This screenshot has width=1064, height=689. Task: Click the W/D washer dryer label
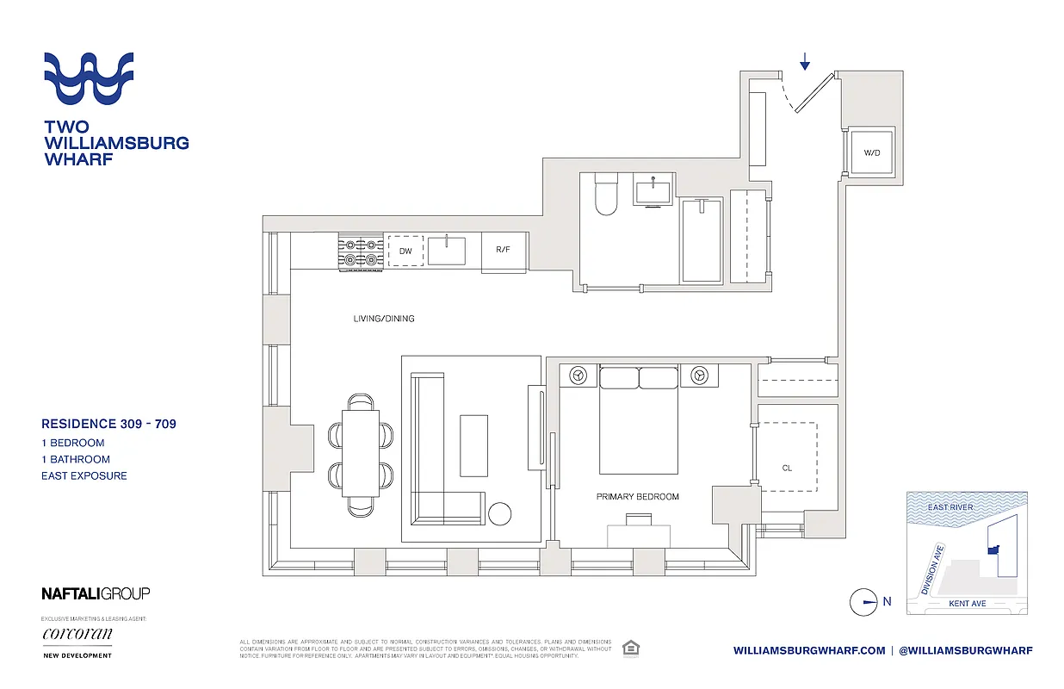tap(872, 153)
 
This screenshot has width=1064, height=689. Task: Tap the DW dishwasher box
tap(405, 251)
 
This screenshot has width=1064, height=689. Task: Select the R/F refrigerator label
tap(504, 251)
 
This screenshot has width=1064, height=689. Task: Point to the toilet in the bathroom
tap(603, 196)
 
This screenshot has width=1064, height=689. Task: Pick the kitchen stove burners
tap(362, 251)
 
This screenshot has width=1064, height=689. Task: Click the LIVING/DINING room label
tap(384, 319)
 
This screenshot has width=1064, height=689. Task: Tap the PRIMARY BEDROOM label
tap(638, 497)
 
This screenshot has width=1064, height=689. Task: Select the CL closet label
tap(787, 469)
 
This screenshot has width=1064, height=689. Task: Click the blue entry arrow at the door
tap(805, 61)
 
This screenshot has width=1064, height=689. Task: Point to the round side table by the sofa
tap(500, 514)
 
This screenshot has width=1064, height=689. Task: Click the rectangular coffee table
tap(473, 445)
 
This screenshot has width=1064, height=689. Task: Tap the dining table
tap(361, 453)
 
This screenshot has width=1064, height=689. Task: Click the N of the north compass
tap(887, 602)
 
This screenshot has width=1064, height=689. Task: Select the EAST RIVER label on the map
tap(950, 507)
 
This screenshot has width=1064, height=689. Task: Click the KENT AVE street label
tap(967, 604)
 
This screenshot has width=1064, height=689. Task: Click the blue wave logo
tap(90, 78)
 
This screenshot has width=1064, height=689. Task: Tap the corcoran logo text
tap(77, 635)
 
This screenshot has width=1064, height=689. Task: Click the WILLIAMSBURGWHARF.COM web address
tap(809, 651)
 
